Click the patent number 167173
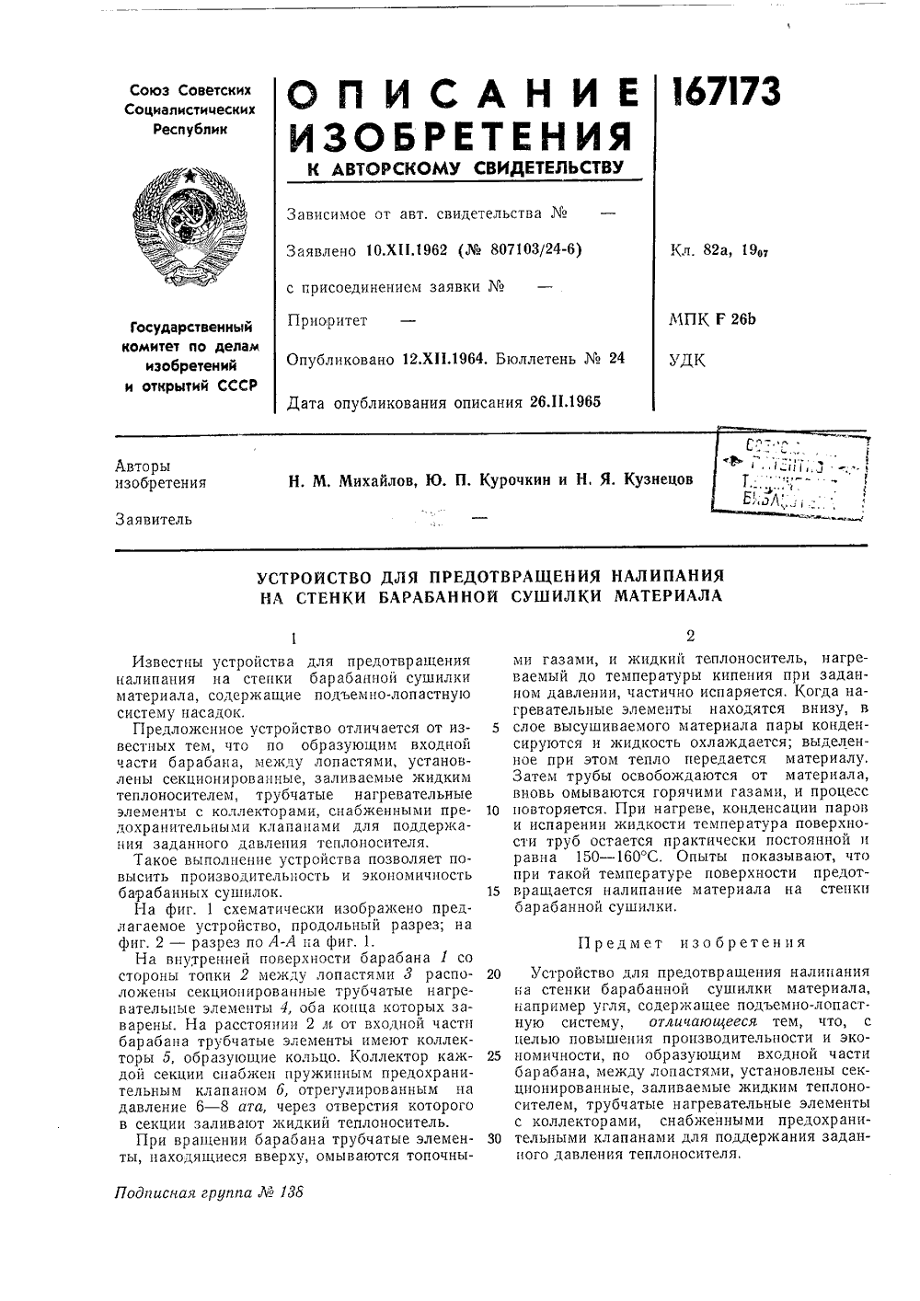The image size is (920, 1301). tap(727, 92)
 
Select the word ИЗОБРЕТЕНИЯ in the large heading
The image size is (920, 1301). tap(461, 137)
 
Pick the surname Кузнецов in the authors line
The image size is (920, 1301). tap(658, 479)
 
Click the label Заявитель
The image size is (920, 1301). tap(154, 520)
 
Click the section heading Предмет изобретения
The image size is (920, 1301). tap(690, 942)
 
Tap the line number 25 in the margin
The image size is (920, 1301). tap(493, 1055)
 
